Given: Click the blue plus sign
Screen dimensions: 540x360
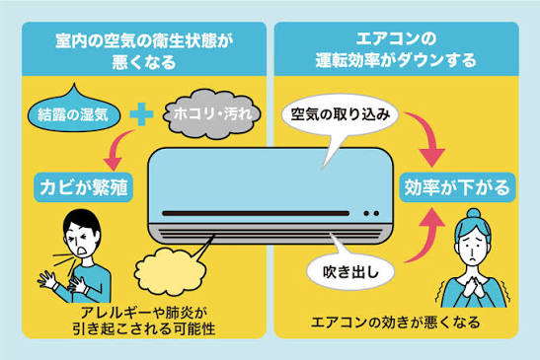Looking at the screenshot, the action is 141,114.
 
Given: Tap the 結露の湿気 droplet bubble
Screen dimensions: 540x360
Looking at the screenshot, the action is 74,110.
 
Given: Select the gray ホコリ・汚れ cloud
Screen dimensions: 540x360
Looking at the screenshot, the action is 212,114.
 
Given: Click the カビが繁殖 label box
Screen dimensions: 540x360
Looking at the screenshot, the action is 83,187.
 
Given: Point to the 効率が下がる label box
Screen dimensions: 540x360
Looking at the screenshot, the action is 457,187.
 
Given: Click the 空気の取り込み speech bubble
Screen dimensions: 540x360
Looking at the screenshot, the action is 340,114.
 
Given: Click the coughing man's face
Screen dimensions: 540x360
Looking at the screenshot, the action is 81,238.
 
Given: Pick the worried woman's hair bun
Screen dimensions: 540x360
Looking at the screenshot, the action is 473,213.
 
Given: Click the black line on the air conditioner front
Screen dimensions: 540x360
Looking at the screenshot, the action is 256,213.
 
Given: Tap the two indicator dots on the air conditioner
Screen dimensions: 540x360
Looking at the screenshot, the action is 371,213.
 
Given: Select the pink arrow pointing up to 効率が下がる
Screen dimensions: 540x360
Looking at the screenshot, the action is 428,238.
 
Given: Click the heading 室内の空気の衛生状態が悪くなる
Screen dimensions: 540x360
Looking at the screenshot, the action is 144,51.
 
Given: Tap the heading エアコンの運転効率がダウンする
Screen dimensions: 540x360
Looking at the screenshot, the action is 396,50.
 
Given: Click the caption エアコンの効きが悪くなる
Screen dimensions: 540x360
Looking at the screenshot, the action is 395,323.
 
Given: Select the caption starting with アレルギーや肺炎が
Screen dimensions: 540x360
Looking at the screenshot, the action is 144,321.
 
